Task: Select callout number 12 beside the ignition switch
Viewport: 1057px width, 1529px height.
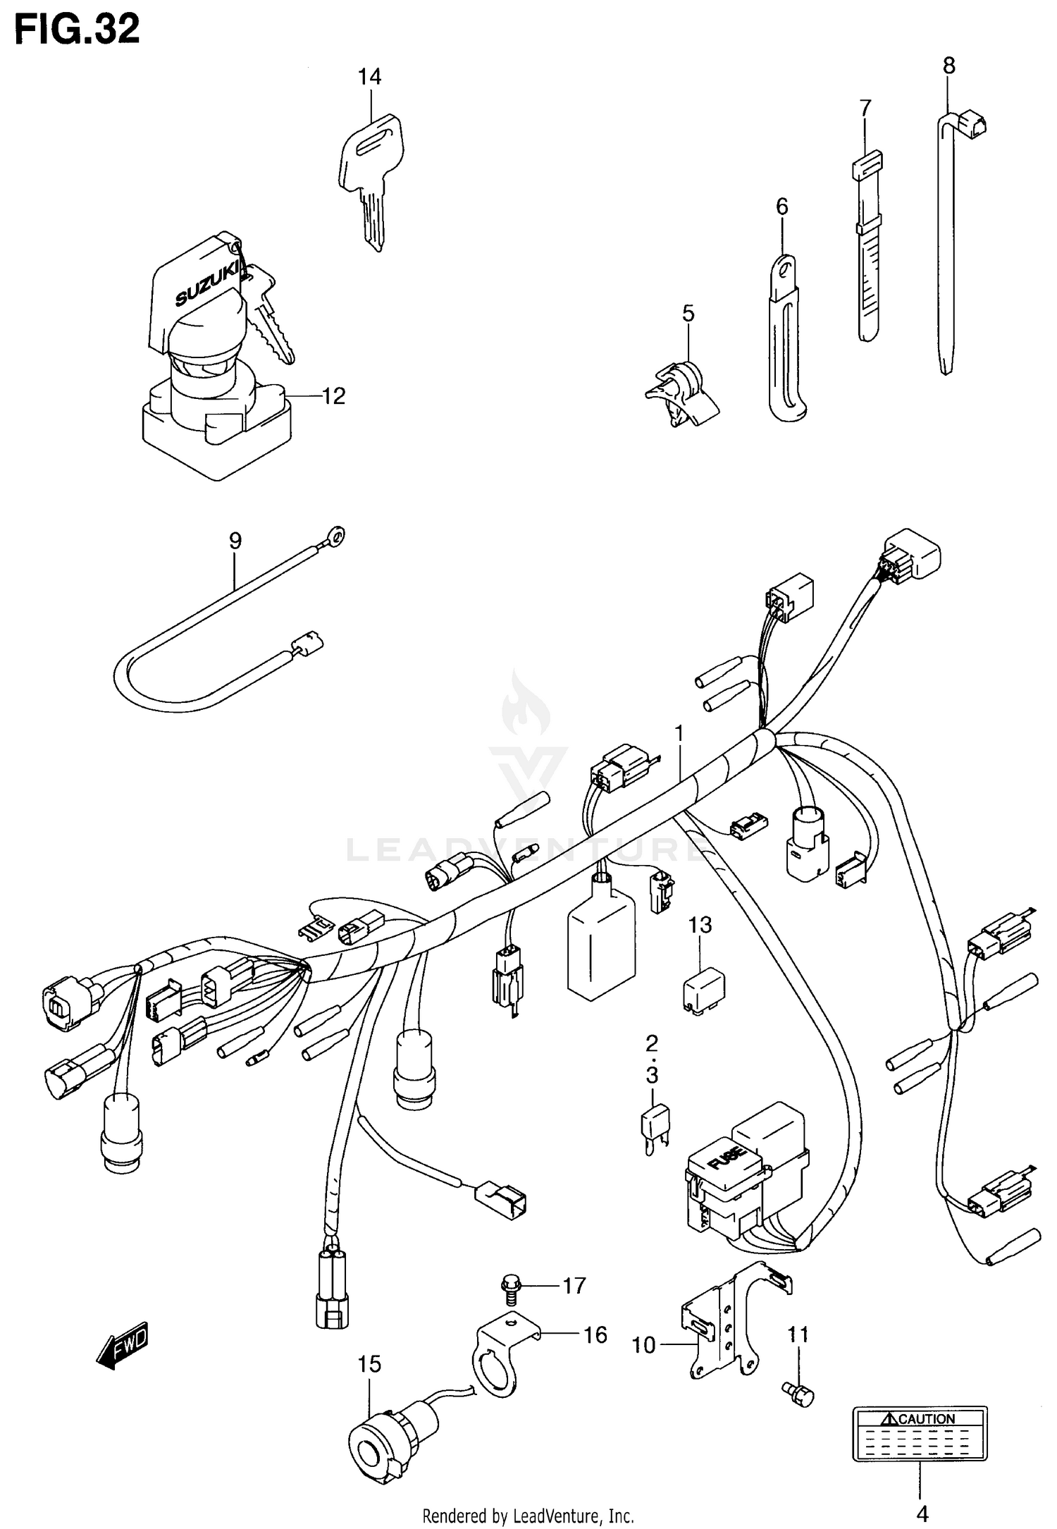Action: click(333, 396)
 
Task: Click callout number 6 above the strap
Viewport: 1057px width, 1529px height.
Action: click(781, 207)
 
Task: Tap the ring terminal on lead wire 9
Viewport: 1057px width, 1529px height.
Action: click(337, 539)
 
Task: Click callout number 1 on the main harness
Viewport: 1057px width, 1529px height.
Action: click(679, 734)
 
